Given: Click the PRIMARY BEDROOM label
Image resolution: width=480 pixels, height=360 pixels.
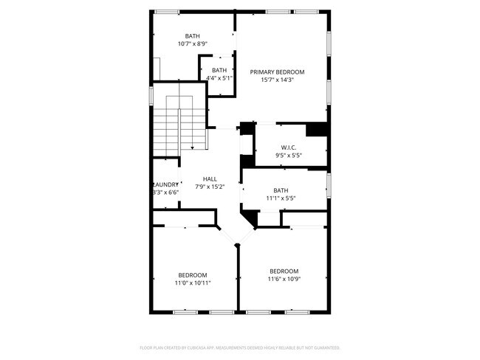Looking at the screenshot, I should coord(277,72).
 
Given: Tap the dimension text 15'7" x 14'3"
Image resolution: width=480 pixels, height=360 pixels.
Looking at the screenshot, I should coord(277,80).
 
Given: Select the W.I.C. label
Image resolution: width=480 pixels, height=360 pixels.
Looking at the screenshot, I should coord(288,148).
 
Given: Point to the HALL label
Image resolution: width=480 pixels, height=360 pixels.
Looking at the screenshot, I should coord(210,179).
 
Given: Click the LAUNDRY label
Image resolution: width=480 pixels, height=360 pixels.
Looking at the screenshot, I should coord(165,185).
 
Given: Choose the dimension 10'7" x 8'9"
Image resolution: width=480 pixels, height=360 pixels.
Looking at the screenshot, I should coord(193,44).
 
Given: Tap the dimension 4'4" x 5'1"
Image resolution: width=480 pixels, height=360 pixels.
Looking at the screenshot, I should coord(219,77).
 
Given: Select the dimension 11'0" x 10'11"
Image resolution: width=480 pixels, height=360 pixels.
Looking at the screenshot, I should coord(192,283).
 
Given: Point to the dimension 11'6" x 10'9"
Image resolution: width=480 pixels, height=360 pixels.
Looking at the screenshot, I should coord(284,278).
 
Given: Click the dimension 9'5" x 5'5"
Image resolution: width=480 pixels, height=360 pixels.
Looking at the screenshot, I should coord(288,156).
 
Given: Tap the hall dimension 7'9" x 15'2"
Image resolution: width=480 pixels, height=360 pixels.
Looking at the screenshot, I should coord(210,187).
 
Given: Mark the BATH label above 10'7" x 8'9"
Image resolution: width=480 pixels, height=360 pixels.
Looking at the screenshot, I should coord(193,36).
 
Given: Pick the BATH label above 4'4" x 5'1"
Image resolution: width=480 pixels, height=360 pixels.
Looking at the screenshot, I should coord(219,70).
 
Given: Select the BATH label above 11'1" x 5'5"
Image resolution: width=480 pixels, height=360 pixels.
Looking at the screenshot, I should coord(281,190).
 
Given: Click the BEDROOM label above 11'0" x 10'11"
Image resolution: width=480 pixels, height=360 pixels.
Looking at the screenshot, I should coord(192,274).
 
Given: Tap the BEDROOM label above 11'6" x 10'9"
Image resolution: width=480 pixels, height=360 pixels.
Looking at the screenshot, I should coord(284,270).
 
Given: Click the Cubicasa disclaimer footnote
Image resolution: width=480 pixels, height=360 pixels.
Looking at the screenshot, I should coord(239,347).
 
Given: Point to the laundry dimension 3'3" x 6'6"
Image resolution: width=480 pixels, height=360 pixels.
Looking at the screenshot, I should coord(165,193).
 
